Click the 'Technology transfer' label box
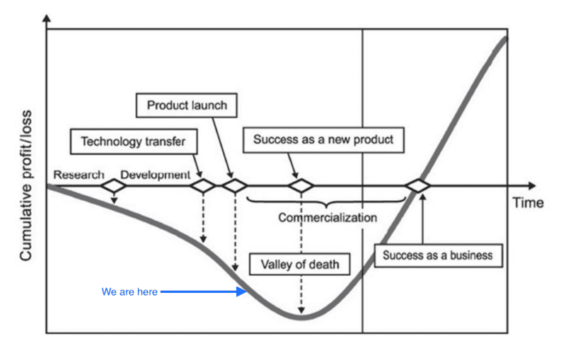pos(132,141)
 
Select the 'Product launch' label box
pos(187,105)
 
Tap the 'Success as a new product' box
pos(323,139)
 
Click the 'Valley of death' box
pos(300,265)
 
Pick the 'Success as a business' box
pos(438,255)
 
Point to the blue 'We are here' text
pos(130,291)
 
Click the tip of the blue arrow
pos(245,291)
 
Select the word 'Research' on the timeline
pos(79,175)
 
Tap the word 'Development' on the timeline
pos(155,175)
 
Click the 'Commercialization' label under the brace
pos(327,217)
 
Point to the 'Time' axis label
pos(528,203)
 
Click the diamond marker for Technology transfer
pos(204,186)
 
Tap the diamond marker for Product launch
pos(233,186)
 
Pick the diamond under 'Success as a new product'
pos(301,186)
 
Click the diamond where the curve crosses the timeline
pos(417,186)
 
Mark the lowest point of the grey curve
pos(301,318)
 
